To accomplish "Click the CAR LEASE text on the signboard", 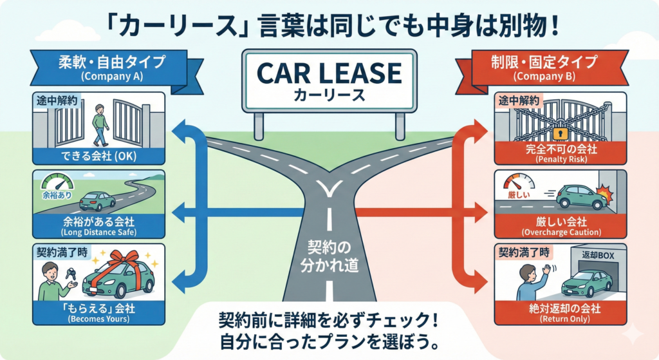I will [329, 73].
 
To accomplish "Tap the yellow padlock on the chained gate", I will [558, 133].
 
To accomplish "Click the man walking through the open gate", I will [98, 124].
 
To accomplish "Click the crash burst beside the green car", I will [605, 194].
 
